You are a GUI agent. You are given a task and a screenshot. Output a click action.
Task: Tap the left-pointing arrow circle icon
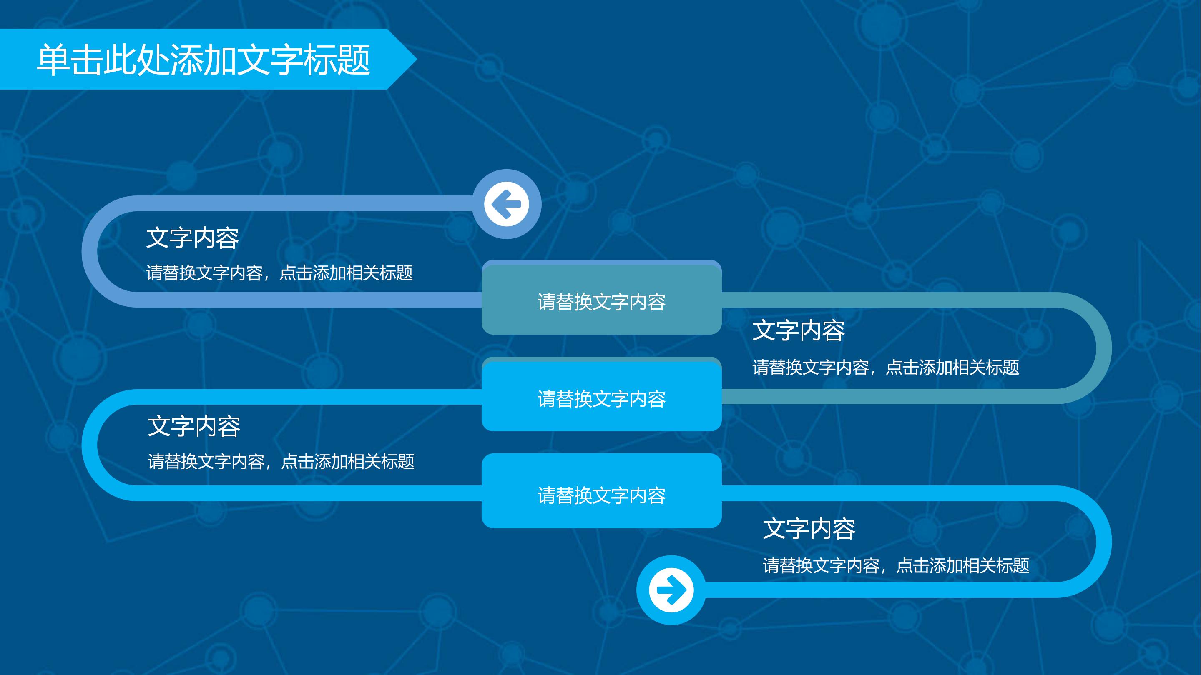[x=507, y=204]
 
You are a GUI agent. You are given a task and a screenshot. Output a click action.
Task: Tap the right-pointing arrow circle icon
[x=671, y=590]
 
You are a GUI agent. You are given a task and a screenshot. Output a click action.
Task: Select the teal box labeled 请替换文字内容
[x=601, y=300]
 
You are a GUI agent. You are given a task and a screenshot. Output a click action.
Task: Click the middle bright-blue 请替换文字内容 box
[x=601, y=397]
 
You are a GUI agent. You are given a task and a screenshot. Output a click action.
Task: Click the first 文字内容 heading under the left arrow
[x=192, y=237]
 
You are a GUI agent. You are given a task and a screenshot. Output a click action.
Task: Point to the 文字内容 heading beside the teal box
[x=799, y=330]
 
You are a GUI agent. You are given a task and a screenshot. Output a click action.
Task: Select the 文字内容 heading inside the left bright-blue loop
[x=194, y=426]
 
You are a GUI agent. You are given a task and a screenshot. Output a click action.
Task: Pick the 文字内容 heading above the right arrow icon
[x=809, y=529]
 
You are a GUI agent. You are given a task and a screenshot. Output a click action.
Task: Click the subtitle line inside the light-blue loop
[x=279, y=273]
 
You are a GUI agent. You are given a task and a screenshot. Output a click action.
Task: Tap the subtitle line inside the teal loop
[x=885, y=367]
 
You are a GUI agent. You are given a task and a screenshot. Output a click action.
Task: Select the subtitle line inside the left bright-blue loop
[x=281, y=462]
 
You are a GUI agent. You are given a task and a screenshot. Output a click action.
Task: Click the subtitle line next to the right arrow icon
[x=896, y=565]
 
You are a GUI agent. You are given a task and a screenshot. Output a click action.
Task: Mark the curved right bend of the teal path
[x=1103, y=348]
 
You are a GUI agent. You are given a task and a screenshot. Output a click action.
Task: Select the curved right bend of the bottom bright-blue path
[x=1103, y=542]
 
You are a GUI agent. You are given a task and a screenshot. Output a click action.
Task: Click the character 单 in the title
[x=53, y=60]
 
